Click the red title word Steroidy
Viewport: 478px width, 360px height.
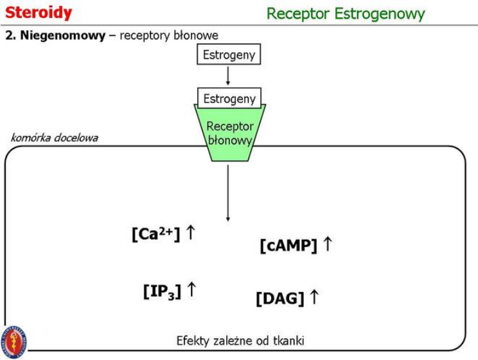(39, 13)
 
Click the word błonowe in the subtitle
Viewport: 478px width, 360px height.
(199, 35)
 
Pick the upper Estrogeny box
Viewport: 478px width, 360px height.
(229, 55)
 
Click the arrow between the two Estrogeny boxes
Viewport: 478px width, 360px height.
(229, 76)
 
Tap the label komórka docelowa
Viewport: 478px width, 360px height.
(55, 138)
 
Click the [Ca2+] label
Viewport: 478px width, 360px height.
(156, 235)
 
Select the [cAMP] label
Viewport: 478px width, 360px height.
(288, 246)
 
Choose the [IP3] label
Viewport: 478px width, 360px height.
(161, 291)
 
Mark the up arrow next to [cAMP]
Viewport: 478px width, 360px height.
(327, 244)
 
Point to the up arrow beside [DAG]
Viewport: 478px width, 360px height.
(314, 297)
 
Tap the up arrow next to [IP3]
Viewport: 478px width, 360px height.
(191, 290)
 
